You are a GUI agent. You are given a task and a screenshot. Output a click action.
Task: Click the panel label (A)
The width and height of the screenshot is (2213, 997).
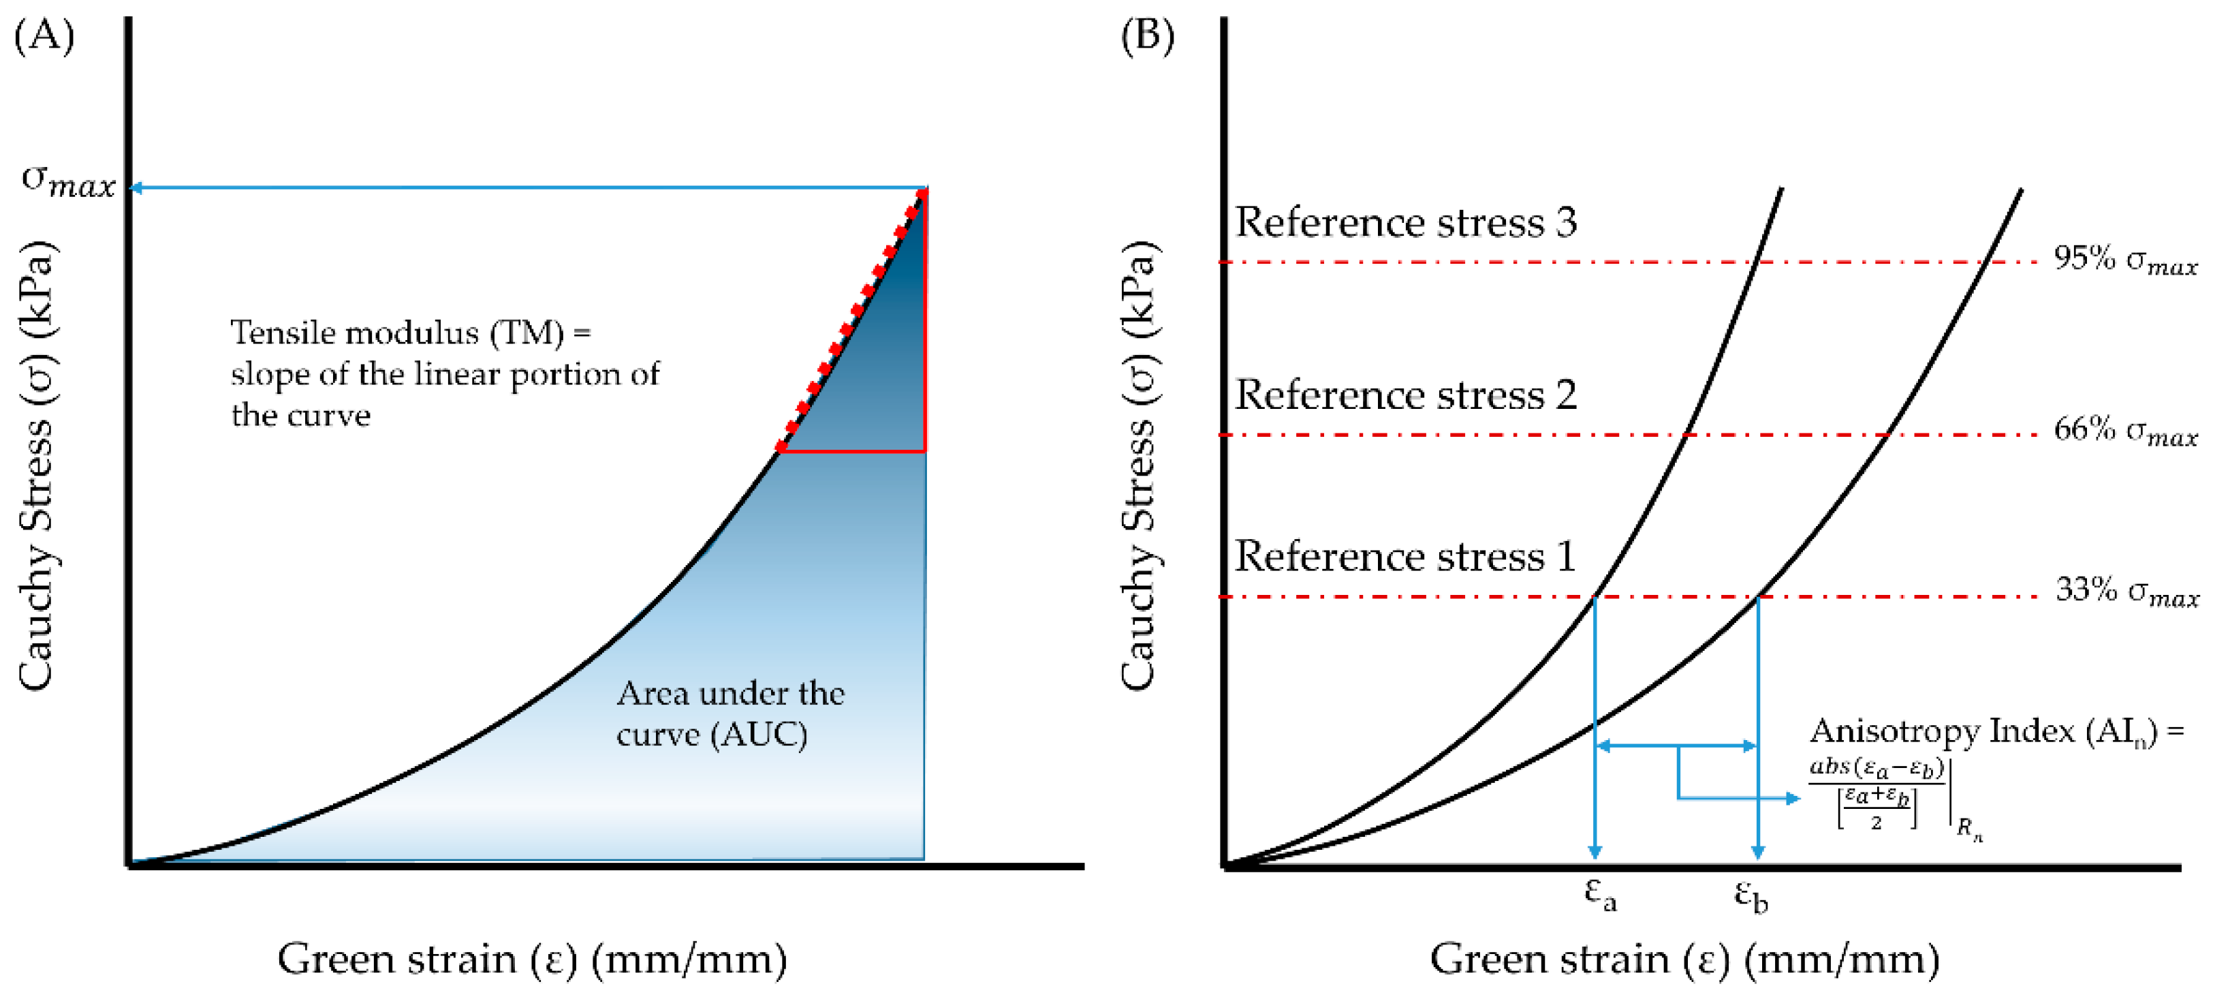[x=45, y=36]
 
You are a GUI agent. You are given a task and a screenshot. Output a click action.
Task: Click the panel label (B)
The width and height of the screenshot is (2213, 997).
[x=1148, y=36]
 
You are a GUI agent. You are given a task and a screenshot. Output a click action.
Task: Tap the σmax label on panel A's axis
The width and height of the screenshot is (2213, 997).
[x=69, y=181]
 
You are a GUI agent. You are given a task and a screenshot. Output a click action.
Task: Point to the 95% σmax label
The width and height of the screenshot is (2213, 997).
[x=2124, y=259]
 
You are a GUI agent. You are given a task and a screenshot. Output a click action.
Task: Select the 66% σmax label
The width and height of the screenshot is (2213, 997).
[x=2124, y=430]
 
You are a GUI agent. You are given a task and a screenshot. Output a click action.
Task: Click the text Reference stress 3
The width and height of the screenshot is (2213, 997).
[x=1405, y=223]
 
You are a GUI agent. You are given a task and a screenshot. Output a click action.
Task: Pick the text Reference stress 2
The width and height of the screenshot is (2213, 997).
[x=1405, y=395]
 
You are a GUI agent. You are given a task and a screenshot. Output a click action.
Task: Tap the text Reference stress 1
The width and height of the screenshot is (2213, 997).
[x=1405, y=557]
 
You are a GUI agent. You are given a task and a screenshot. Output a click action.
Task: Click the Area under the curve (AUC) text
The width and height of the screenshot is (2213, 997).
[x=729, y=714]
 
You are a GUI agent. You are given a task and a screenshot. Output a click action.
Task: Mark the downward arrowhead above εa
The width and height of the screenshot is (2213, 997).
[x=1595, y=851]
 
